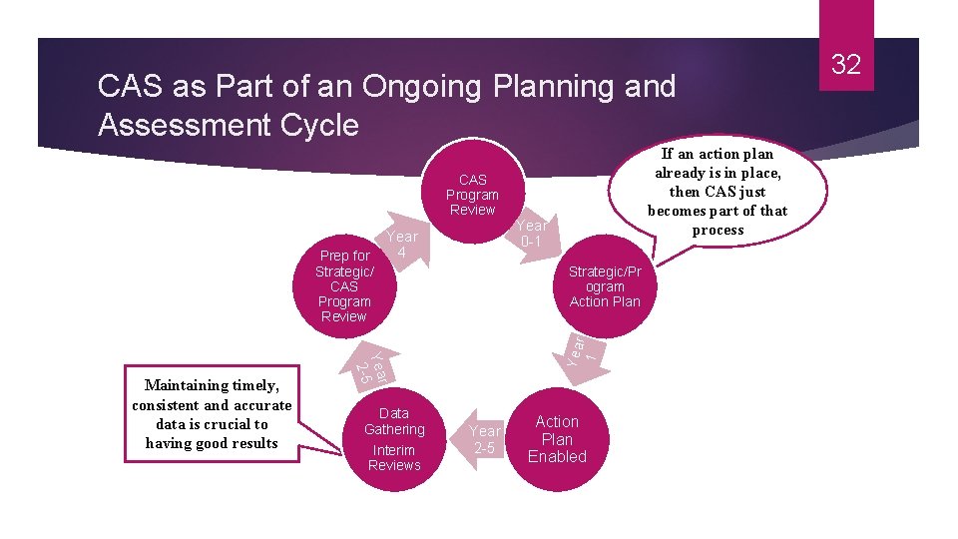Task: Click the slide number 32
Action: tap(845, 66)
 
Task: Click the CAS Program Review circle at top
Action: tap(472, 195)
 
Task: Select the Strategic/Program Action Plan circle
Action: tap(605, 286)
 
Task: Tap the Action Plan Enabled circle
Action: tap(557, 439)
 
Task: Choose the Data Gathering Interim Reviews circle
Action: tap(394, 439)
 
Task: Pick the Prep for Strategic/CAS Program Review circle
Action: tap(344, 286)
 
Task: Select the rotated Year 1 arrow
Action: tap(580, 349)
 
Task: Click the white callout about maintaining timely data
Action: tap(212, 414)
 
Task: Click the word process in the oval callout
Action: tap(718, 230)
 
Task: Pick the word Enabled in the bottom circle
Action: tap(557, 457)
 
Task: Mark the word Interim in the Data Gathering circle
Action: tap(393, 450)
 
